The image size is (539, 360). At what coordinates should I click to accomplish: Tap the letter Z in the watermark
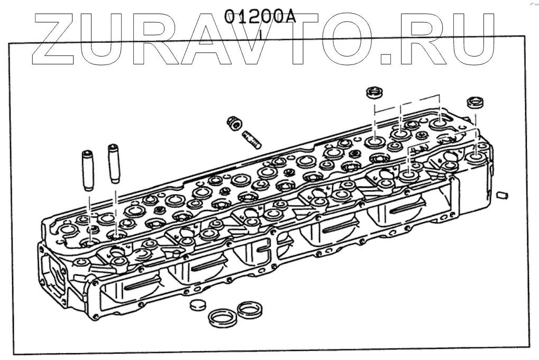pyautogui.click(x=58, y=37)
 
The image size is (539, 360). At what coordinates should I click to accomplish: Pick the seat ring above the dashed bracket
pyautogui.click(x=374, y=94)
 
